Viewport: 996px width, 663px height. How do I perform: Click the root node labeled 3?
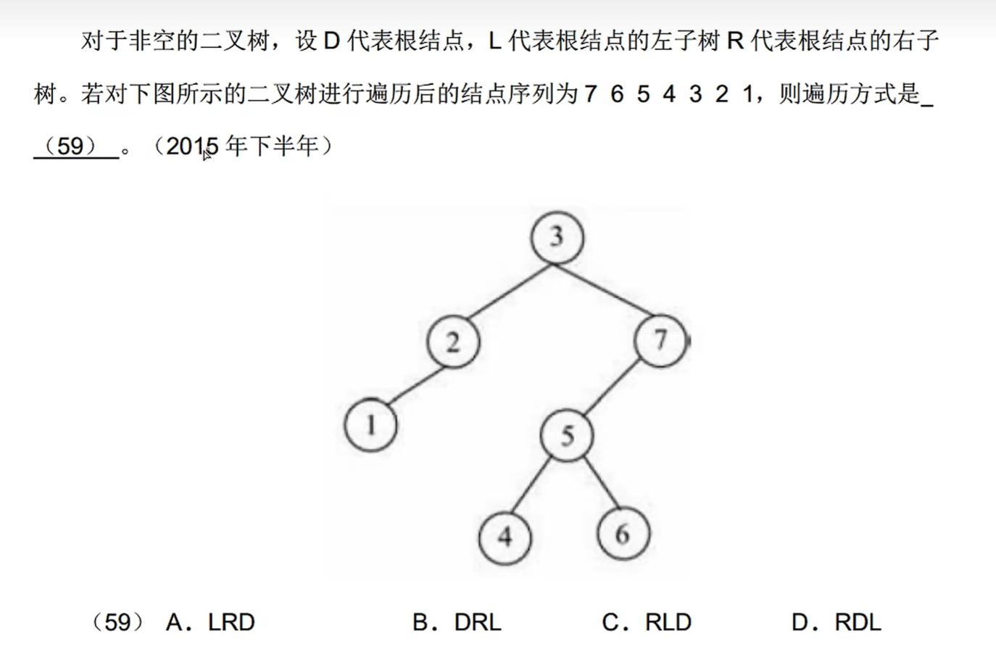[x=557, y=237]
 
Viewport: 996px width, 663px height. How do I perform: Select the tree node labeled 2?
[x=453, y=342]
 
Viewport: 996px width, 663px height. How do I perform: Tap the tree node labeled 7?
[x=660, y=340]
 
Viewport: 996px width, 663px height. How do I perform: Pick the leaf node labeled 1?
[x=370, y=425]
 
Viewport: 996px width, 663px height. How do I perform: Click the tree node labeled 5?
[x=567, y=436]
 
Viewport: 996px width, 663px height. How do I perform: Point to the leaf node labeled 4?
[x=505, y=538]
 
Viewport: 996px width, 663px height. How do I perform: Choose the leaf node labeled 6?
[x=623, y=535]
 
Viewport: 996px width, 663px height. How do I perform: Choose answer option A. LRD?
[x=210, y=622]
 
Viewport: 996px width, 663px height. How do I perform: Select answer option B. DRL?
[x=457, y=622]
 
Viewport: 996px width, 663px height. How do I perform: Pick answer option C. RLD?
[x=647, y=622]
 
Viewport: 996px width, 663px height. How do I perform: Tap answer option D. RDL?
[x=837, y=622]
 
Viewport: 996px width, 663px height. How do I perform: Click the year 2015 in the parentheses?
[x=192, y=147]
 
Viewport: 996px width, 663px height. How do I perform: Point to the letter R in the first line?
[x=735, y=41]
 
